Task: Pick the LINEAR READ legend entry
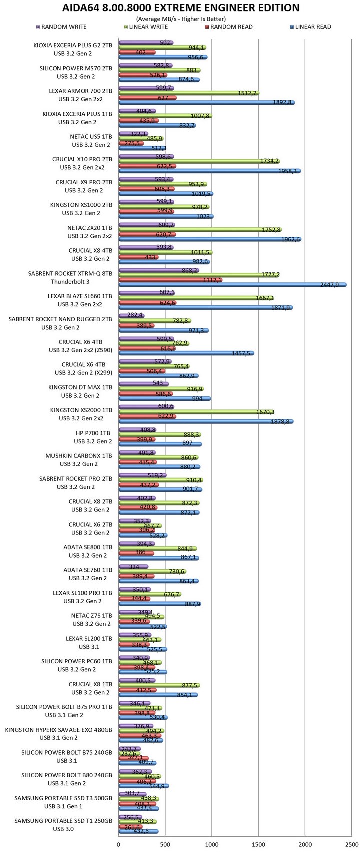310,27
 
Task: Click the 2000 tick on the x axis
305,845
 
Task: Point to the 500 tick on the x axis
165,845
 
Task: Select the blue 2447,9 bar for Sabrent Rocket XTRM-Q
232,285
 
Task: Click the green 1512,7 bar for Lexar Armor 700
189,92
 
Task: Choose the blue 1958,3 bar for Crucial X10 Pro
209,171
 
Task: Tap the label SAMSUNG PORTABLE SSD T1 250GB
63,821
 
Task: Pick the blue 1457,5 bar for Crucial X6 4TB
186,353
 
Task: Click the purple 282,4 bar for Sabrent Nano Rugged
131,315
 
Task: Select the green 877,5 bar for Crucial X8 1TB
159,685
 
